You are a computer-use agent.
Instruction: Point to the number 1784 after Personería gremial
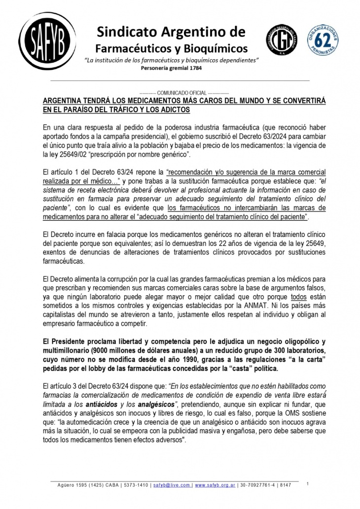click(x=194, y=68)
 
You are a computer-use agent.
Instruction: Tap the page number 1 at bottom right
click(x=307, y=484)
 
